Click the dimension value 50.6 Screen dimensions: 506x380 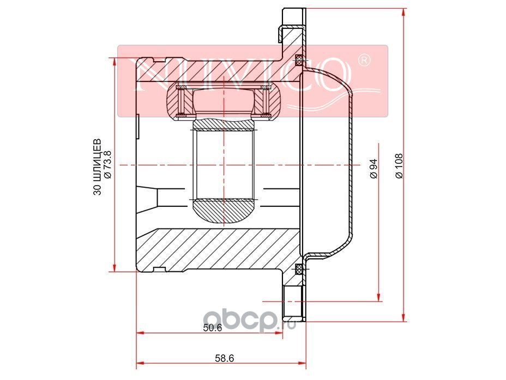pyautogui.click(x=213, y=328)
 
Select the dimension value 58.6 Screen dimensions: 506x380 pyautogui.click(x=224, y=358)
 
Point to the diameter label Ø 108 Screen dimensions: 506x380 pyautogui.click(x=399, y=166)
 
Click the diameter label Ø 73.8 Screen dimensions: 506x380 pyautogui.click(x=107, y=164)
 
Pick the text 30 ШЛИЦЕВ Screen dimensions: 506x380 pyautogui.click(x=97, y=167)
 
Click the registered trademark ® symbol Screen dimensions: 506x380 pyautogui.click(x=364, y=61)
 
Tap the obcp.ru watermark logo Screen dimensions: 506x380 pyautogui.click(x=251, y=319)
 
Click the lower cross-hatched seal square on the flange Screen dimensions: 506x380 pyautogui.click(x=299, y=269)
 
